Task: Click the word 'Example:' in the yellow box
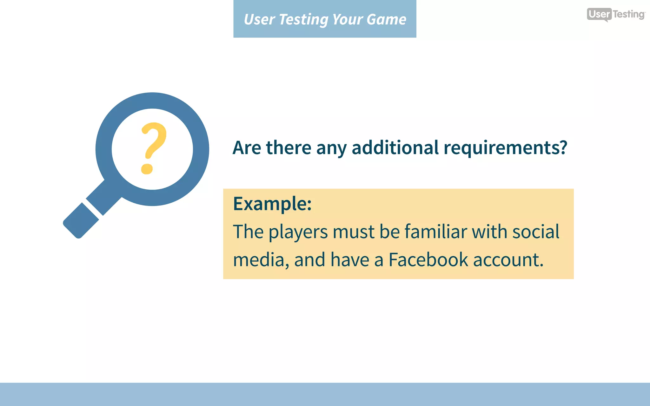pyautogui.click(x=272, y=204)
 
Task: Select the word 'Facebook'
pyautogui.click(x=428, y=259)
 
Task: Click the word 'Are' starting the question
pyautogui.click(x=247, y=147)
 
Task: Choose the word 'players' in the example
pyautogui.click(x=298, y=232)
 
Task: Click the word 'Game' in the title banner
pyautogui.click(x=386, y=19)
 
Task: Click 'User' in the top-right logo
pyautogui.click(x=599, y=14)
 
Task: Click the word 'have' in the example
pyautogui.click(x=350, y=259)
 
